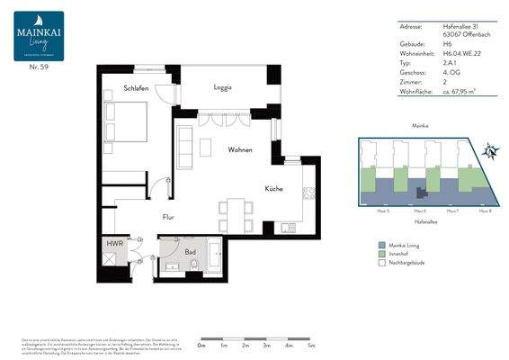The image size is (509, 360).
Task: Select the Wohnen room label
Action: pos(239,149)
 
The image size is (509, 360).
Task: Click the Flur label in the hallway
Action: pos(167,217)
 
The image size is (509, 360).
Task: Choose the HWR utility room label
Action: pos(114,243)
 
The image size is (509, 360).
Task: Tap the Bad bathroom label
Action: pos(191,254)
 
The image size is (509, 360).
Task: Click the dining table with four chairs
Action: pos(236,212)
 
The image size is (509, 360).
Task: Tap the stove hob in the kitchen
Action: pos(309,193)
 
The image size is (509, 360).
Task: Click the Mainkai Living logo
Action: pos(39,36)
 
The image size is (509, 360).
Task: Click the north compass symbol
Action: pos(491,150)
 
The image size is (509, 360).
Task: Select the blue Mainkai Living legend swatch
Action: pos(381,244)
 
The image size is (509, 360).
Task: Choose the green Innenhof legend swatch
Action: pos(381,254)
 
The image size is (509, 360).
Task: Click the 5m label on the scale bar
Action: pos(311,346)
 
